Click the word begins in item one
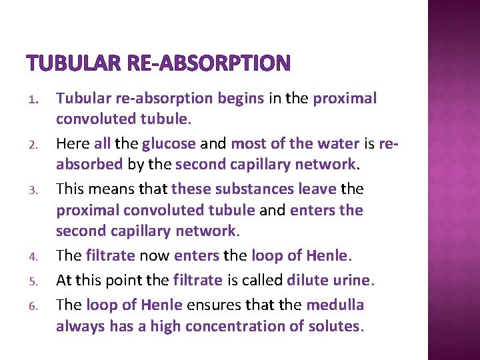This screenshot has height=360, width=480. (x=241, y=99)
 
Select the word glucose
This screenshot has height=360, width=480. (x=169, y=143)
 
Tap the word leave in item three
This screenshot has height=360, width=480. (x=317, y=189)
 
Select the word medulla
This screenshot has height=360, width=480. (x=335, y=305)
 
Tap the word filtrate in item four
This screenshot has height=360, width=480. (x=109, y=255)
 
